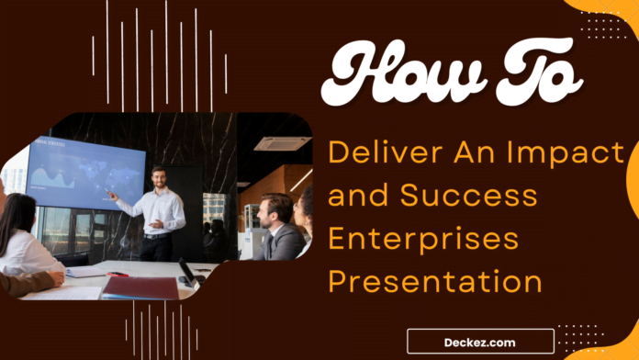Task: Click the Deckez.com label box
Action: click(479, 341)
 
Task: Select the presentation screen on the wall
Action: click(84, 173)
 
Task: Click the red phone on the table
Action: click(117, 274)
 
